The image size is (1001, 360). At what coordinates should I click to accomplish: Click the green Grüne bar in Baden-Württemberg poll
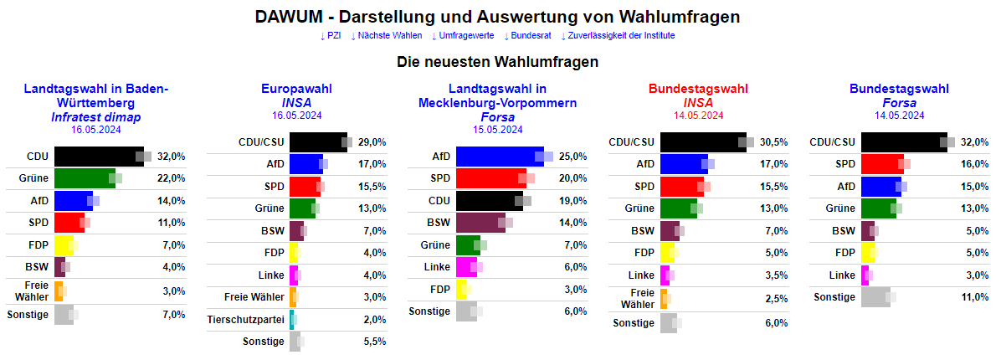click(x=85, y=178)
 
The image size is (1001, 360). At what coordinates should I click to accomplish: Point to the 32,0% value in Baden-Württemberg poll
click(x=172, y=156)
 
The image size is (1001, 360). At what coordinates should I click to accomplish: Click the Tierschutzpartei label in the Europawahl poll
click(x=246, y=319)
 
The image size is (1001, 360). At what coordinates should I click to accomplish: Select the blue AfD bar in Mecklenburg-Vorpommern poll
click(x=500, y=156)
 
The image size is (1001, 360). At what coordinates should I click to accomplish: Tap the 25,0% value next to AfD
click(x=574, y=156)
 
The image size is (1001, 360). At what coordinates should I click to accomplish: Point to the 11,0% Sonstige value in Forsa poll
click(x=976, y=296)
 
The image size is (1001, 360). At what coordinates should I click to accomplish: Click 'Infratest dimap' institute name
click(x=95, y=116)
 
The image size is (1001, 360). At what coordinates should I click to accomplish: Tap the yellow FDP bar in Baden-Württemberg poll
click(x=64, y=245)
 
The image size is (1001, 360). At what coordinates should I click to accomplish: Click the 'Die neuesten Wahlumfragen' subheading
click(x=497, y=62)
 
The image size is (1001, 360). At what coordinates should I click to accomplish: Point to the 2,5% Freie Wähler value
click(x=776, y=298)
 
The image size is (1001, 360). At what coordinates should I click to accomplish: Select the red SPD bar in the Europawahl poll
click(x=304, y=187)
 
